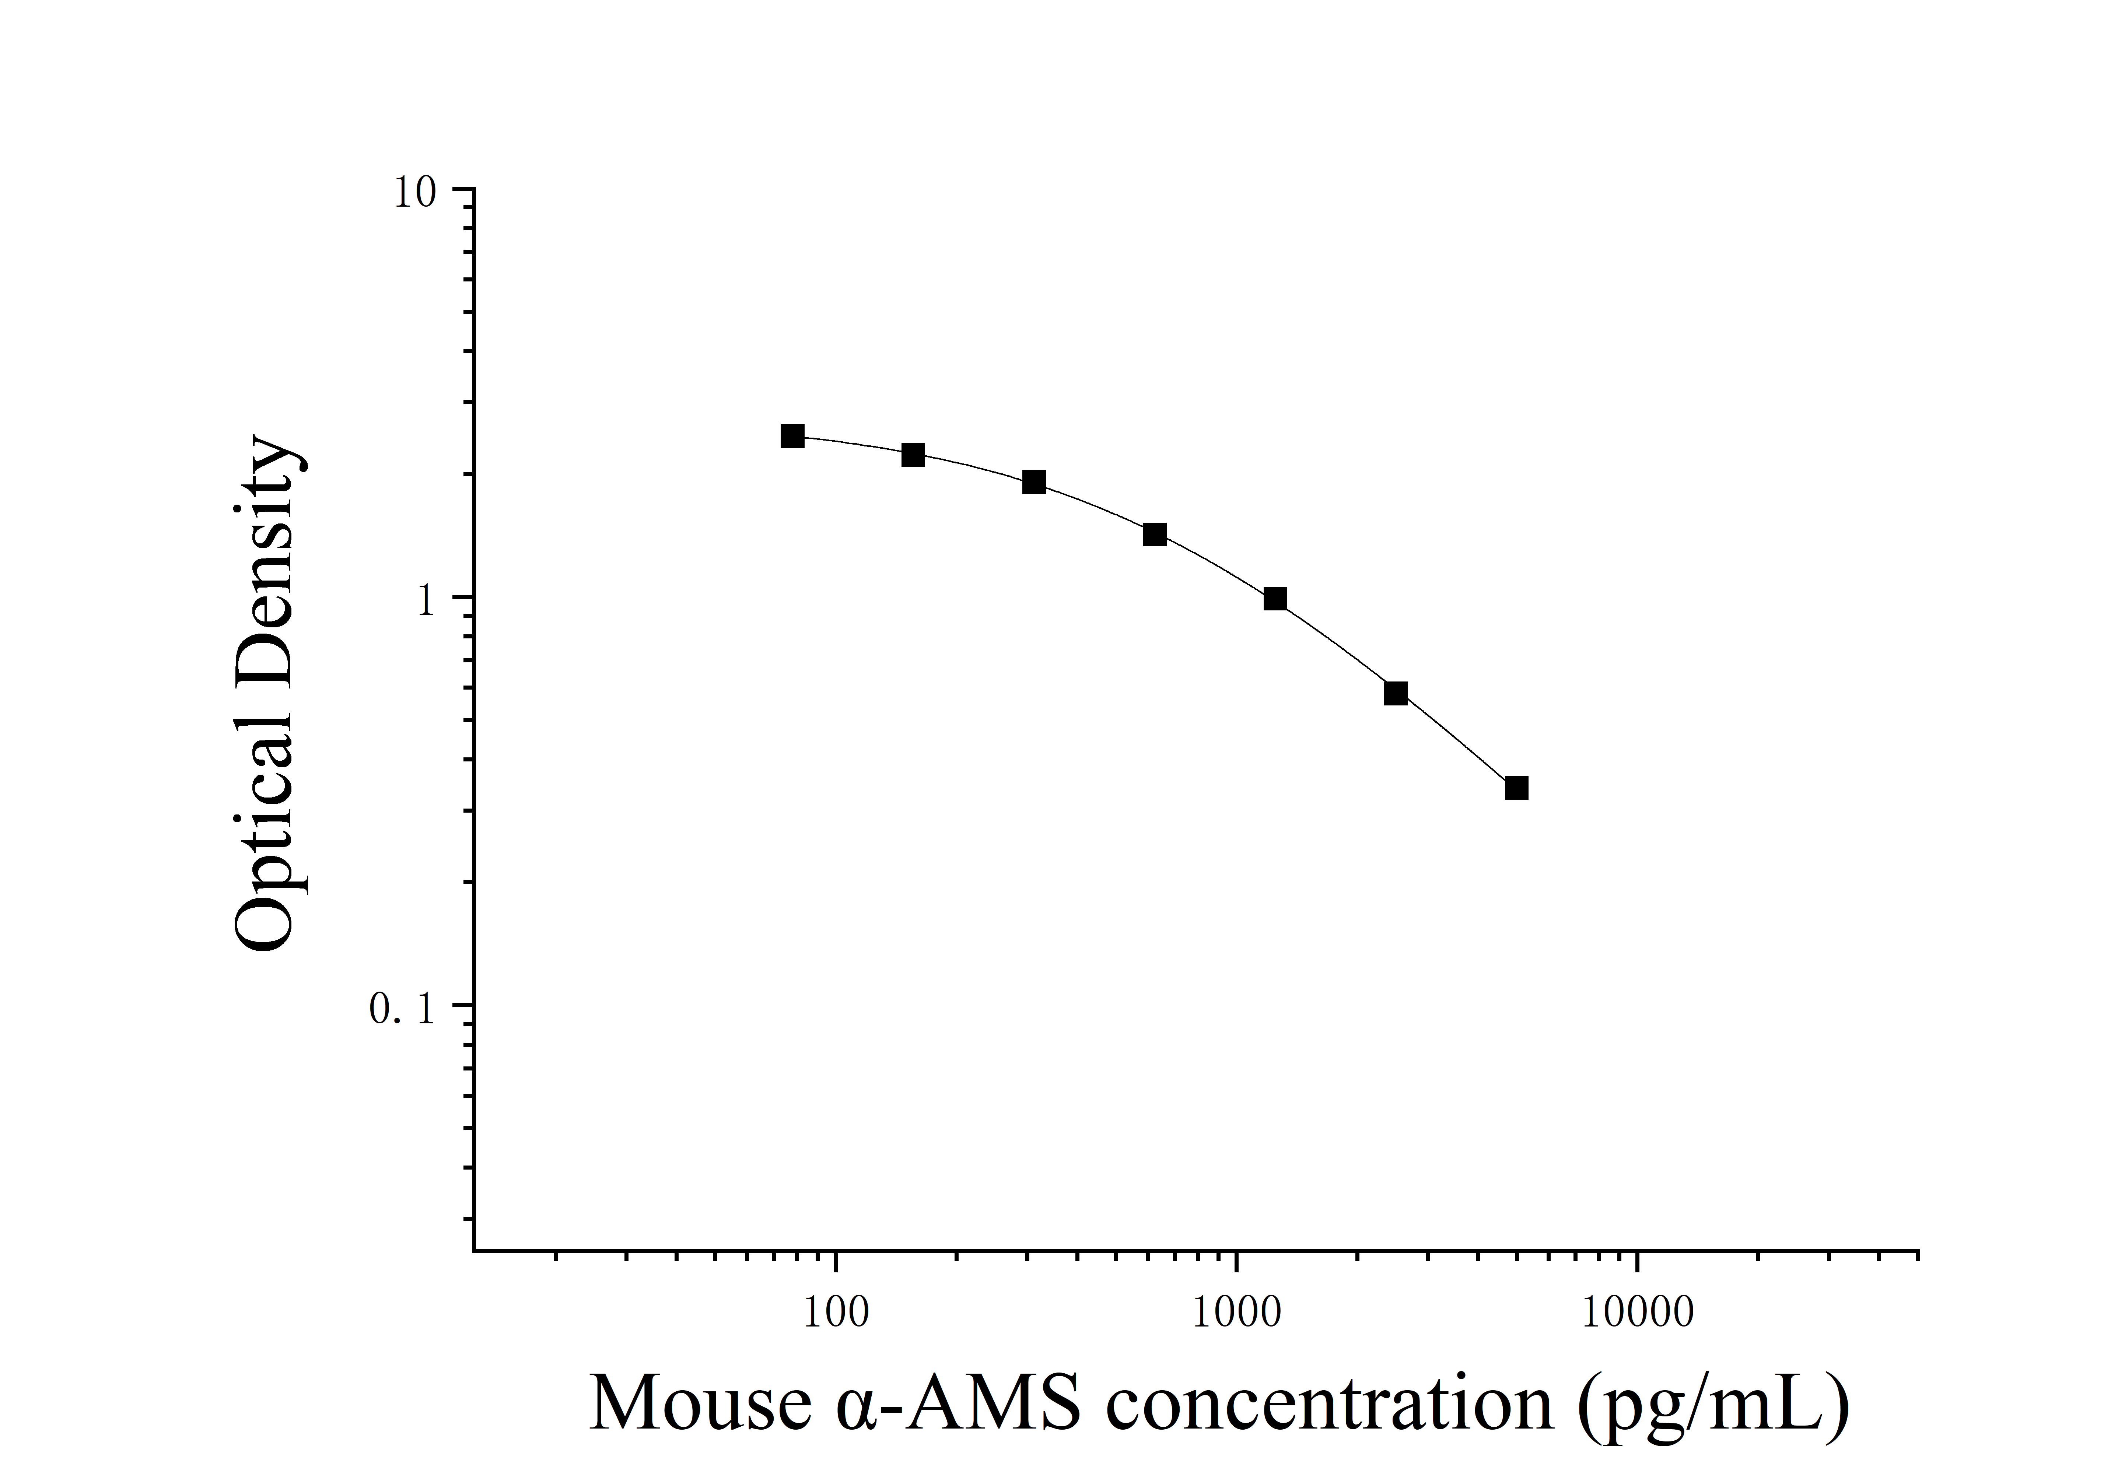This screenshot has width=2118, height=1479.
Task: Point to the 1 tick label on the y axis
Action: click(425, 602)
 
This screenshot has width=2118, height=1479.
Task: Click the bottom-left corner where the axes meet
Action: click(474, 1252)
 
